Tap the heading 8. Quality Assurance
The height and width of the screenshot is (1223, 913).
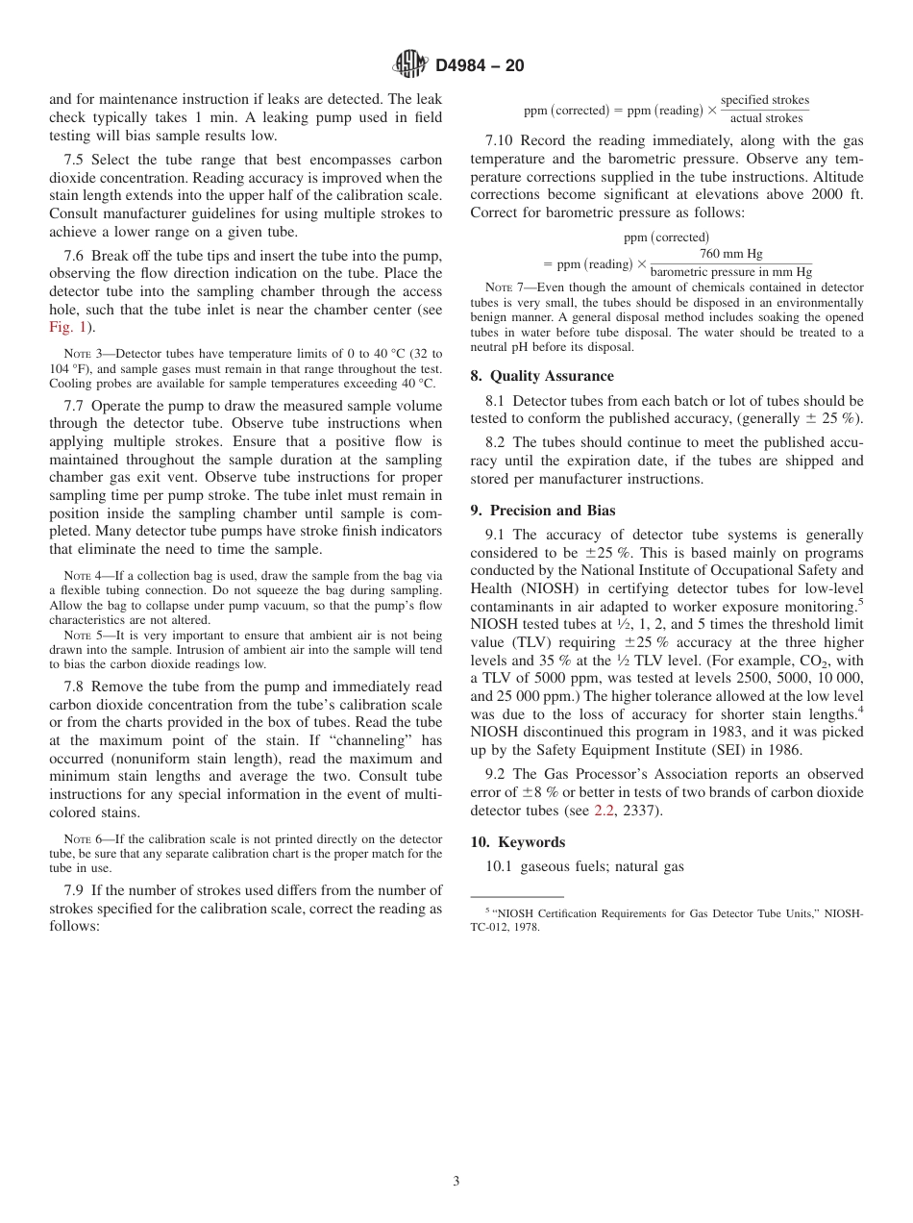tap(542, 376)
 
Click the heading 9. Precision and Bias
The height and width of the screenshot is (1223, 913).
tap(543, 511)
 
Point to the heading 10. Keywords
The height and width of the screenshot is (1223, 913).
tap(517, 841)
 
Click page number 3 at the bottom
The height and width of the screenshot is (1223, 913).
tap(456, 1182)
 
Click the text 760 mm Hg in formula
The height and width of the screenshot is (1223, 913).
tap(730, 254)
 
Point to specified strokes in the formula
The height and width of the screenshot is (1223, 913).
tap(765, 100)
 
